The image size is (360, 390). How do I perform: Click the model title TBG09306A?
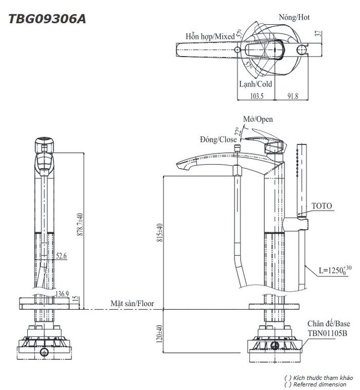pyautogui.click(x=47, y=19)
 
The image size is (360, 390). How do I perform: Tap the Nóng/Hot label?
pyautogui.click(x=294, y=17)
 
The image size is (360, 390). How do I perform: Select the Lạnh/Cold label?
pyautogui.click(x=256, y=84)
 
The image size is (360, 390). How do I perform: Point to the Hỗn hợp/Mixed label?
pyautogui.click(x=210, y=37)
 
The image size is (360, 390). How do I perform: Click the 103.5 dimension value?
pyautogui.click(x=257, y=96)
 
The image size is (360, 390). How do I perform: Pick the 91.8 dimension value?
pyautogui.click(x=293, y=96)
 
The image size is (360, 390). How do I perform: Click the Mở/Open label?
pyautogui.click(x=258, y=119)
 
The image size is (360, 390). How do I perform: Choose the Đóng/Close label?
pyautogui.click(x=218, y=139)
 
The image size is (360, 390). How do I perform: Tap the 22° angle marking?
pyautogui.click(x=238, y=131)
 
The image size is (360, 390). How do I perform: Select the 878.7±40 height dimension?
pyautogui.click(x=80, y=224)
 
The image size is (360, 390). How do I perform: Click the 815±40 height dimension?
pyautogui.click(x=160, y=233)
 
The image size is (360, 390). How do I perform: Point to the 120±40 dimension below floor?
pyautogui.click(x=159, y=333)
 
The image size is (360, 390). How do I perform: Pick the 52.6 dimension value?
pyautogui.click(x=61, y=256)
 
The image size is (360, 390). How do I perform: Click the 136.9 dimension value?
pyautogui.click(x=62, y=294)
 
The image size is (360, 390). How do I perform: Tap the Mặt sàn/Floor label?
pyautogui.click(x=132, y=304)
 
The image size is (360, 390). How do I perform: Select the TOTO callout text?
pyautogui.click(x=322, y=206)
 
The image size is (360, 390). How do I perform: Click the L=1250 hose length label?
pyautogui.click(x=335, y=270)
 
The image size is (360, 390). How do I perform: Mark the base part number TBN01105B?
pyautogui.click(x=328, y=333)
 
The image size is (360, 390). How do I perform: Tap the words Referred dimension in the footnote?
pyautogui.click(x=320, y=384)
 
